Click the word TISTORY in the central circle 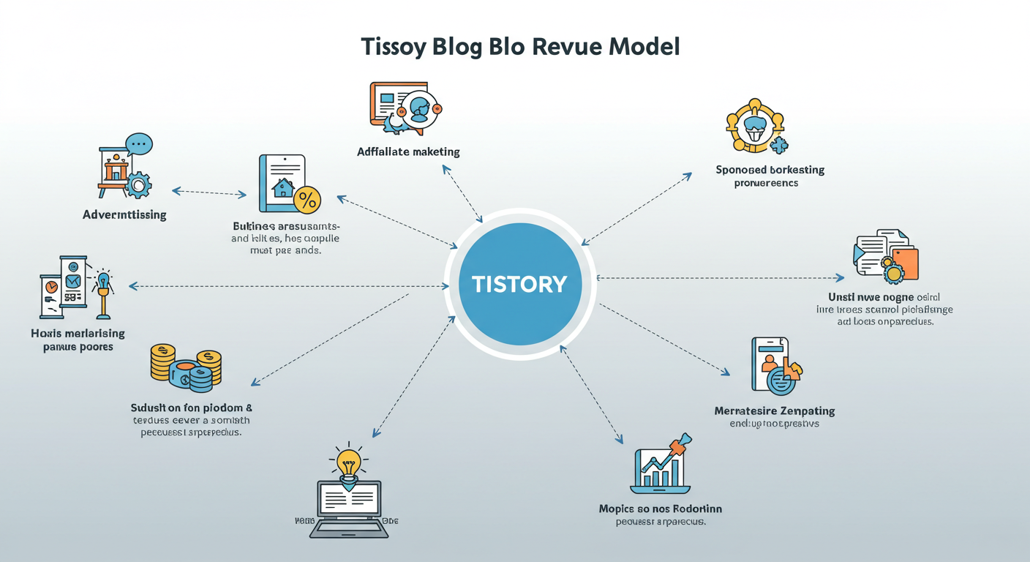tap(519, 284)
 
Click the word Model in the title tap(639, 47)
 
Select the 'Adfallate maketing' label tap(408, 152)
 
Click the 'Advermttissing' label tap(124, 215)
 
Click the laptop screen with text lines tap(349, 501)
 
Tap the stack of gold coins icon tap(186, 365)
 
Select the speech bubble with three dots tap(138, 143)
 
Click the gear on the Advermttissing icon tap(138, 185)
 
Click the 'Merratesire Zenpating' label tap(775, 411)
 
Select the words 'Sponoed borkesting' tap(770, 170)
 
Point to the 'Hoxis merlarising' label tap(78, 334)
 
